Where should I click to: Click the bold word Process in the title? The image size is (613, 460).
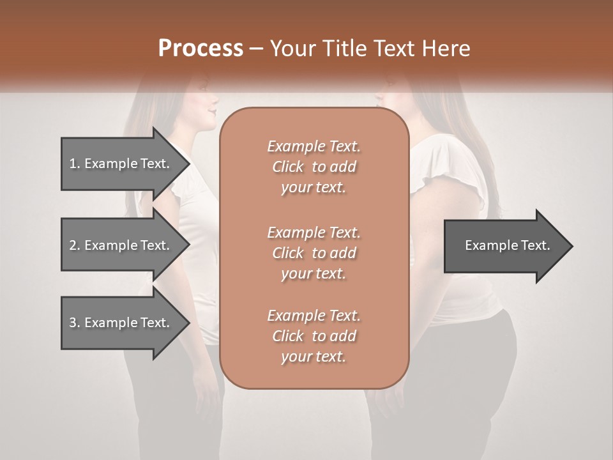coord(201,49)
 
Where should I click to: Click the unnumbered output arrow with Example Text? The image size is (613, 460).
coord(504,245)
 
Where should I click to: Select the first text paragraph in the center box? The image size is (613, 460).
coord(314,167)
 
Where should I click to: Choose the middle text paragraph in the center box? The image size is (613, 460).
coord(314,252)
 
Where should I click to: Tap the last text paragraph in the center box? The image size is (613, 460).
coord(314,336)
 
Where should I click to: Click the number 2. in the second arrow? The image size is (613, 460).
coord(75,245)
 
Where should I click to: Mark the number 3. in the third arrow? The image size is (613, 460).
coord(75,323)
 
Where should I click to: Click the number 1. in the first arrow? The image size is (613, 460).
coord(74,164)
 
